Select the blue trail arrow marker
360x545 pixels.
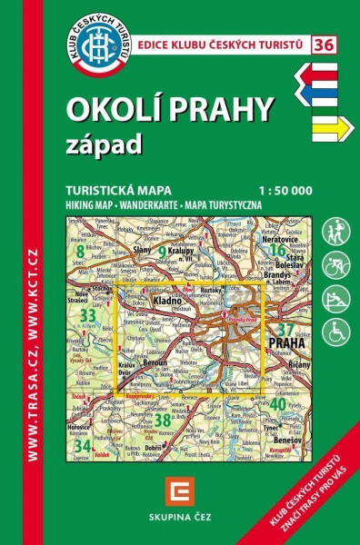click(x=323, y=100)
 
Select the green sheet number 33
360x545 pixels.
click(x=87, y=315)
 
